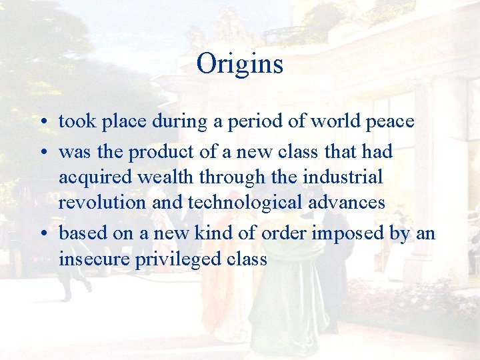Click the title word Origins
240,64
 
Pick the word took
75,121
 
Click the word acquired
87,178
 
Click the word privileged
170,259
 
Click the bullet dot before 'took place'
42,123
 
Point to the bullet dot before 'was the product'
42,153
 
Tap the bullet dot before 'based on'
42,234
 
